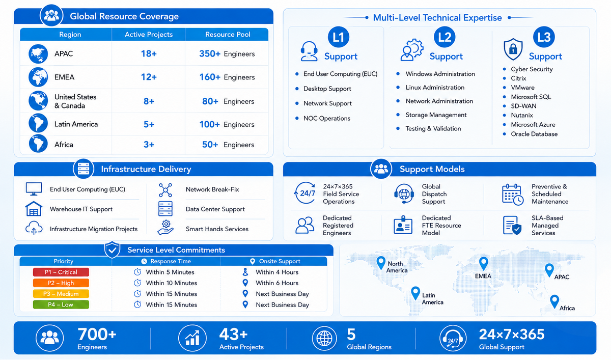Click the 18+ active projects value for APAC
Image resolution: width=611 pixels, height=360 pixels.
pos(149,53)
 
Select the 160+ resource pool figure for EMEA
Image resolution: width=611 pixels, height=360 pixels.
pos(210,77)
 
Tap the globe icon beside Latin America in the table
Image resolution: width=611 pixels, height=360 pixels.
pos(38,123)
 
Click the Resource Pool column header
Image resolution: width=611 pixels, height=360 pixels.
pos(228,34)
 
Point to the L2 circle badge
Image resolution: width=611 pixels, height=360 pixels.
pos(445,37)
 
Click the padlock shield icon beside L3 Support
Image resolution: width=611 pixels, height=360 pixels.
pos(513,49)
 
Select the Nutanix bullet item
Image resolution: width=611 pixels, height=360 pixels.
pos(522,115)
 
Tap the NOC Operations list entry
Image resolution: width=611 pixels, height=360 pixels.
pos(327,118)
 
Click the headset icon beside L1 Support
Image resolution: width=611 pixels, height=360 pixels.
pos(309,51)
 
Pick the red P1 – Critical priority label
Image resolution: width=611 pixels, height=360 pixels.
pos(61,272)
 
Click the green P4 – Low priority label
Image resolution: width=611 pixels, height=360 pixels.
pos(61,304)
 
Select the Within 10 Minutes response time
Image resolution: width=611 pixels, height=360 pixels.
pos(171,283)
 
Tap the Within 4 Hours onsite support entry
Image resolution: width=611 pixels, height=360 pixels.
pos(277,272)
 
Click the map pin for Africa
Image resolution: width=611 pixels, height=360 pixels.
pos(554,301)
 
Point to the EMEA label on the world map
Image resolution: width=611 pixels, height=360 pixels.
pos(483,276)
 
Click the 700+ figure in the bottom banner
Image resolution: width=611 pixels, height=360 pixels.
pos(97,334)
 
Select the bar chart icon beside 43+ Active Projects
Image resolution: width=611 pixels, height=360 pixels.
pos(192,338)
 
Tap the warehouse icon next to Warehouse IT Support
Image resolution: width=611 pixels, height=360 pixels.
pos(34,209)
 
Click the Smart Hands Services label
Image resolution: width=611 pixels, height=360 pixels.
pos(217,229)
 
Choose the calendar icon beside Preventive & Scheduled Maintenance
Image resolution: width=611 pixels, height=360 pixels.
pos(513,195)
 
